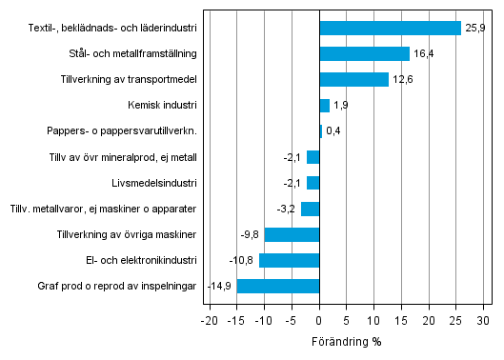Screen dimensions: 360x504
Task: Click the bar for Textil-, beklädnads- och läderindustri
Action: point(390,29)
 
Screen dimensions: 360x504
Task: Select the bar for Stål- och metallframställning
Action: point(364,54)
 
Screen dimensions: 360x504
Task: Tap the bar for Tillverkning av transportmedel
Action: point(353,80)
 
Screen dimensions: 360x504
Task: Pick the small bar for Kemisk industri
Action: point(324,106)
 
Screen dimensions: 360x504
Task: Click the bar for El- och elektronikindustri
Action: point(289,260)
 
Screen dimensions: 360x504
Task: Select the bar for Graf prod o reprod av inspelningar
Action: point(277,286)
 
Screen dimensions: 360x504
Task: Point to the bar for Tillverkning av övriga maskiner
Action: point(292,234)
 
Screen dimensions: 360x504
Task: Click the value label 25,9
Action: point(474,29)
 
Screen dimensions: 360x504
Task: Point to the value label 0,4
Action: point(334,131)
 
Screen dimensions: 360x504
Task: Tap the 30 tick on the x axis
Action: point(483,321)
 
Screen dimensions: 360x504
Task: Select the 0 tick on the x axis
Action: point(319,321)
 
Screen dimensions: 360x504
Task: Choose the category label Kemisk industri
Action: point(162,106)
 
